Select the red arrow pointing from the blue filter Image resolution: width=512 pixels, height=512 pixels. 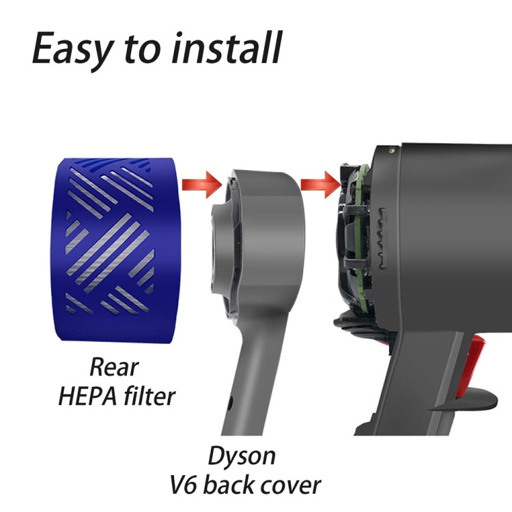[202, 182]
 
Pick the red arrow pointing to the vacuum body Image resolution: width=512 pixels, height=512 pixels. [319, 182]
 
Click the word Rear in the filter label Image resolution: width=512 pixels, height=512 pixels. [114, 367]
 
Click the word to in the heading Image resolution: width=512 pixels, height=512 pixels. [138, 50]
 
